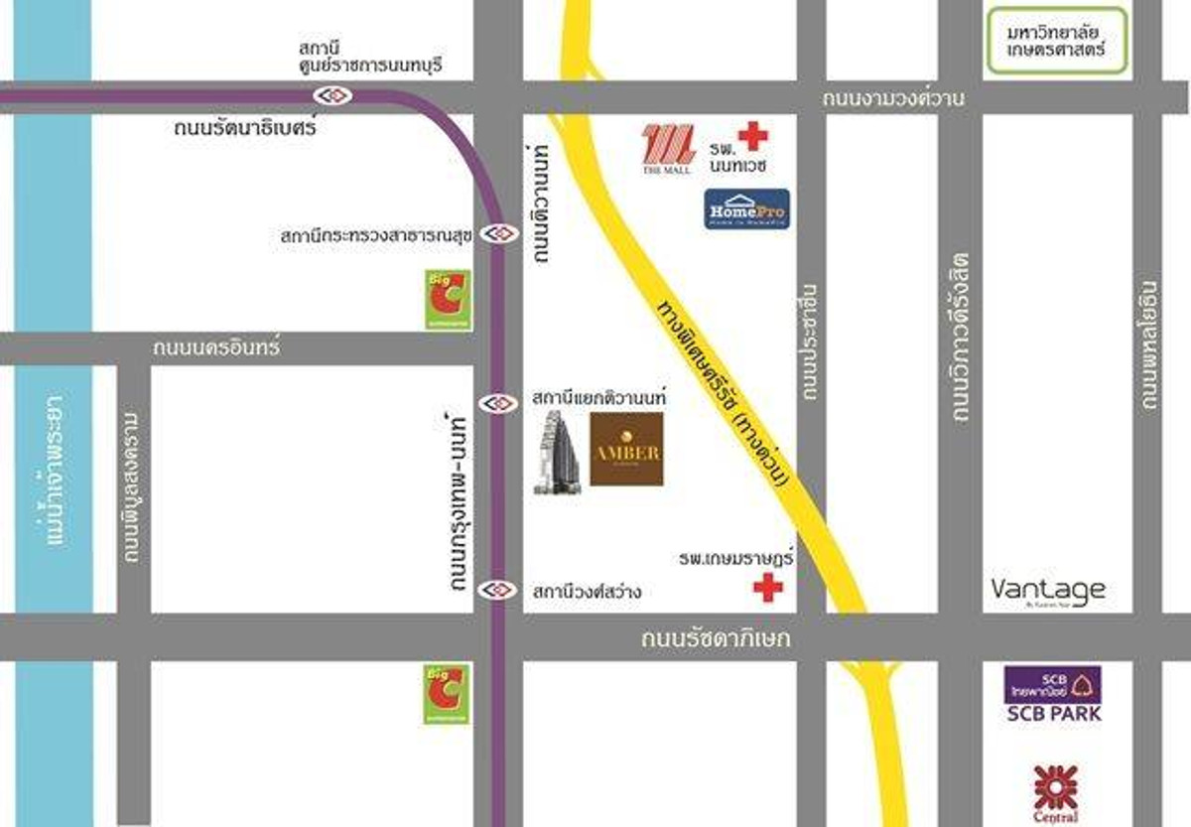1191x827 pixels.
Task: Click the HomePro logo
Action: pyautogui.click(x=746, y=208)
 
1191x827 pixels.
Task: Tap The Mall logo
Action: pyautogui.click(x=665, y=149)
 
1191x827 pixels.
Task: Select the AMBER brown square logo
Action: pyautogui.click(x=626, y=450)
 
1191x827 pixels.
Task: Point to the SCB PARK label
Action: pyautogui.click(x=1053, y=713)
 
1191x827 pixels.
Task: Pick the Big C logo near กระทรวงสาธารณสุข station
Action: pyautogui.click(x=448, y=299)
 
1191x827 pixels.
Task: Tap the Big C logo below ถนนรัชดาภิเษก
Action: pyautogui.click(x=447, y=693)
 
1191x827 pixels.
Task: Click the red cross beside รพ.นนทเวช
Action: pyautogui.click(x=752, y=135)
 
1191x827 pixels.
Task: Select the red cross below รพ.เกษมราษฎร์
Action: pyautogui.click(x=767, y=588)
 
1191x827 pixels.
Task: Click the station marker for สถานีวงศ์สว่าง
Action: pyautogui.click(x=497, y=590)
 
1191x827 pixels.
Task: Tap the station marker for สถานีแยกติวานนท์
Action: pyautogui.click(x=497, y=403)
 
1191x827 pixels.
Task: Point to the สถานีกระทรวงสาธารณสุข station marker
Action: pyautogui.click(x=497, y=234)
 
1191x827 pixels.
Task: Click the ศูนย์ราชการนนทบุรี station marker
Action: pyautogui.click(x=331, y=95)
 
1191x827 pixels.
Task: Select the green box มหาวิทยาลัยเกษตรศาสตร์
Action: pyautogui.click(x=1057, y=40)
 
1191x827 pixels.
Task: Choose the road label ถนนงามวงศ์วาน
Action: pyautogui.click(x=893, y=98)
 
